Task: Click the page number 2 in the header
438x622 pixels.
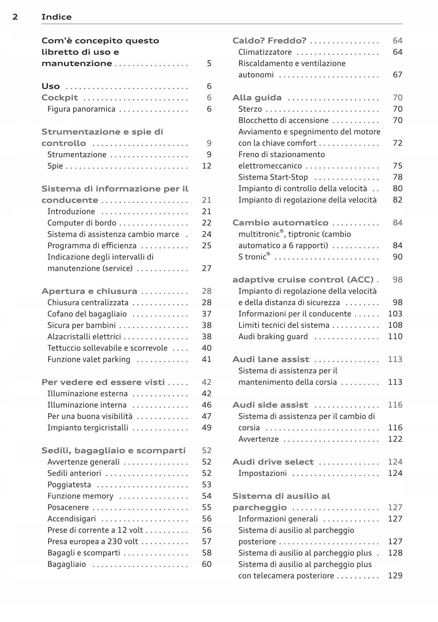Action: [15, 17]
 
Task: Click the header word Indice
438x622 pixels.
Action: [56, 17]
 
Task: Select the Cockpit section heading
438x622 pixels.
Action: [60, 98]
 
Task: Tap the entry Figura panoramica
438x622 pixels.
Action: [81, 109]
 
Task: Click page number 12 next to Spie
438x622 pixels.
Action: [207, 166]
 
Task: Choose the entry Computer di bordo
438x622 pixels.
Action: [82, 223]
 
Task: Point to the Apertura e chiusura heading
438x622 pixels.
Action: [89, 291]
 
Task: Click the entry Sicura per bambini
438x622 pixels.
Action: [82, 325]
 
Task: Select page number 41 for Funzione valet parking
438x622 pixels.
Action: [207, 360]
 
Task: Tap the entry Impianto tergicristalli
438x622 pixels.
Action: [88, 428]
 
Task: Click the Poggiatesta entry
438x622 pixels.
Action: [69, 485]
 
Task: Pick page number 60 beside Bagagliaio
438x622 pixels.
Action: [207, 564]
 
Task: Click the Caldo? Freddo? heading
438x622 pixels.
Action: [269, 41]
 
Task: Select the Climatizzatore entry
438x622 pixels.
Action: [265, 52]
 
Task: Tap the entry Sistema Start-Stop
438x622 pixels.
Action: [273, 177]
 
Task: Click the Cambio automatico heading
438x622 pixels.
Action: [280, 223]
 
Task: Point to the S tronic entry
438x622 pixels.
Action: [254, 257]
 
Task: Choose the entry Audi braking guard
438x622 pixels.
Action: [273, 337]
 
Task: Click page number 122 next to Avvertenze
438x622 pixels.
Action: [395, 439]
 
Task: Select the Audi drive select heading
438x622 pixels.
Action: [273, 462]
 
